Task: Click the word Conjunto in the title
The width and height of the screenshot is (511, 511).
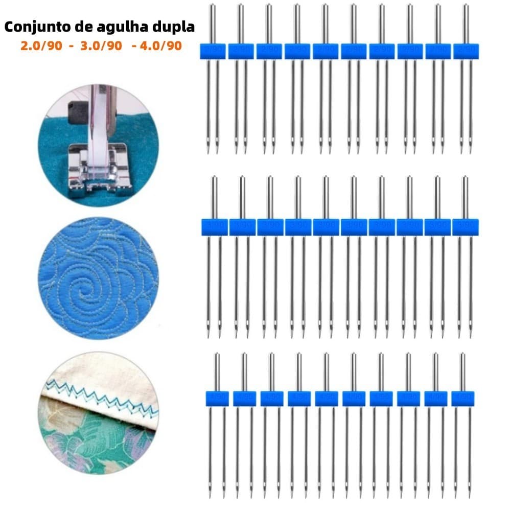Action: tap(36, 27)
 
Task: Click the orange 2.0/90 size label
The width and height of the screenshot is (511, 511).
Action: tap(41, 46)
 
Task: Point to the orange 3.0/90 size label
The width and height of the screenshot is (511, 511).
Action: tap(101, 46)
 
